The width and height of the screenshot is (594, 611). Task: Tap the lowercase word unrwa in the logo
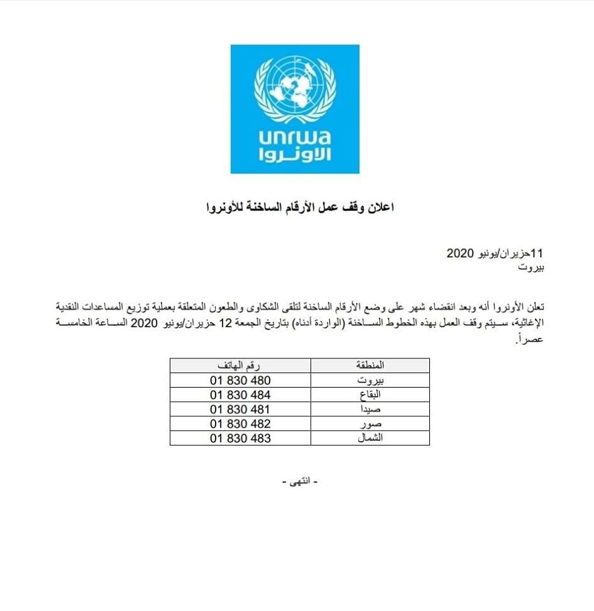[x=294, y=139]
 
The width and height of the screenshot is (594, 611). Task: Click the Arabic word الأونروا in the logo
[x=294, y=157]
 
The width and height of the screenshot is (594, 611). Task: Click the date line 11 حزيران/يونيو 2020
[x=495, y=253]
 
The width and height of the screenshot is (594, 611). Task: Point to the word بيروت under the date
[x=532, y=267]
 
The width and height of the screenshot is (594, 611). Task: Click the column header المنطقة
[x=370, y=366]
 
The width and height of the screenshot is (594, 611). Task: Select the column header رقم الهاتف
[x=240, y=366]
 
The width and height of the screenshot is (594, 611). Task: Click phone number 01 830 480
[x=240, y=381]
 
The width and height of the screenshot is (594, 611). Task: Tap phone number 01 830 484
[x=240, y=395]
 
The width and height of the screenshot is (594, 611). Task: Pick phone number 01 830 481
[x=240, y=409]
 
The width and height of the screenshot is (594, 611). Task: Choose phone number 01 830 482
[x=240, y=424]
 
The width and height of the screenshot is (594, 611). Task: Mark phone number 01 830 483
[x=240, y=439]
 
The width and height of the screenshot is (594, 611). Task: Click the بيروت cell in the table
[x=370, y=381]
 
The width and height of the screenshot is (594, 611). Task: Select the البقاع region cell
[x=370, y=395]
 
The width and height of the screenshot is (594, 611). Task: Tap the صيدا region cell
[x=370, y=409]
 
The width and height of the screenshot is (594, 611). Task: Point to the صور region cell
[x=370, y=424]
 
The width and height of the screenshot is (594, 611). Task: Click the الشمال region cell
[x=370, y=439]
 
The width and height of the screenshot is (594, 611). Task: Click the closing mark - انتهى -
[x=298, y=482]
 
